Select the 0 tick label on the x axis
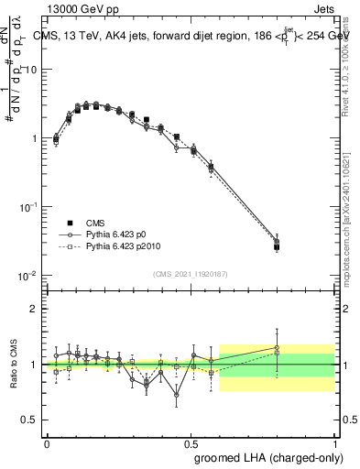coord(48,442)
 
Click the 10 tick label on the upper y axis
coord(31,70)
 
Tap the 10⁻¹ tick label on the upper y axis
coord(29,206)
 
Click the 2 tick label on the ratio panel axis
coord(34,309)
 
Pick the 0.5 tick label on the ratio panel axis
coord(30,420)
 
